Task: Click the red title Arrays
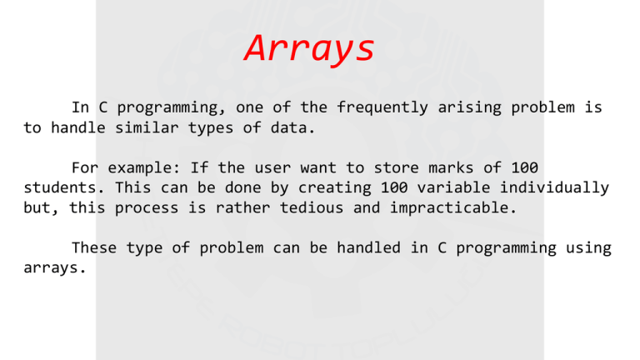point(309,48)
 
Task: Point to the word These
point(96,247)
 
